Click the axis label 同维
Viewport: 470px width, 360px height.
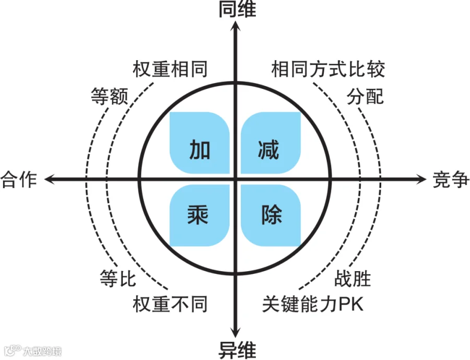236,9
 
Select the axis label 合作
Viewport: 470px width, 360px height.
19,179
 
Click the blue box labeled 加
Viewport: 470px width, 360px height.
200,143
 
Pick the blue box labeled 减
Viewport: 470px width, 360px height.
271,143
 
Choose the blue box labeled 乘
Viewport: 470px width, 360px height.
200,215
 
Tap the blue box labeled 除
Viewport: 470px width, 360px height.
271,215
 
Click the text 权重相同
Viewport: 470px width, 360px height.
170,69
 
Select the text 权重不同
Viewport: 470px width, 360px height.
170,304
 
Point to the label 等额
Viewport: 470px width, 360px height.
109,96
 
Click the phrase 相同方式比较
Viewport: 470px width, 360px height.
328,69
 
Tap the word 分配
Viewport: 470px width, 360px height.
365,96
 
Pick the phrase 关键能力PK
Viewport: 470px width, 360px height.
312,304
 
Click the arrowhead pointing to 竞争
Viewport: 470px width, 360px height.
422,179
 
